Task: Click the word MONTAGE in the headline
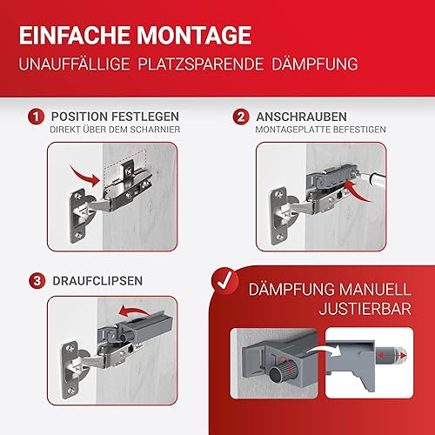[x=194, y=35]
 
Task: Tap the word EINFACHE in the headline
[x=75, y=35]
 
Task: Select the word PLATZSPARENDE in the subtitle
[x=201, y=64]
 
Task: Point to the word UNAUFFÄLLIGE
[x=74, y=64]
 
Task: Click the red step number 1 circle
[x=36, y=117]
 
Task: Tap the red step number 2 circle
[x=241, y=117]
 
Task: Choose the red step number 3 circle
[x=37, y=281]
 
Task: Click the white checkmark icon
[x=224, y=280]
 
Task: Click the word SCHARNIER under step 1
[x=155, y=130]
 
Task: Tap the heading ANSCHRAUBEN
[x=302, y=117]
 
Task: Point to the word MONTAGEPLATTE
[x=292, y=130]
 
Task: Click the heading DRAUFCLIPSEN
[x=97, y=281]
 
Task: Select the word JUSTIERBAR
[x=365, y=309]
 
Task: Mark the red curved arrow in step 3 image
[x=134, y=311]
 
